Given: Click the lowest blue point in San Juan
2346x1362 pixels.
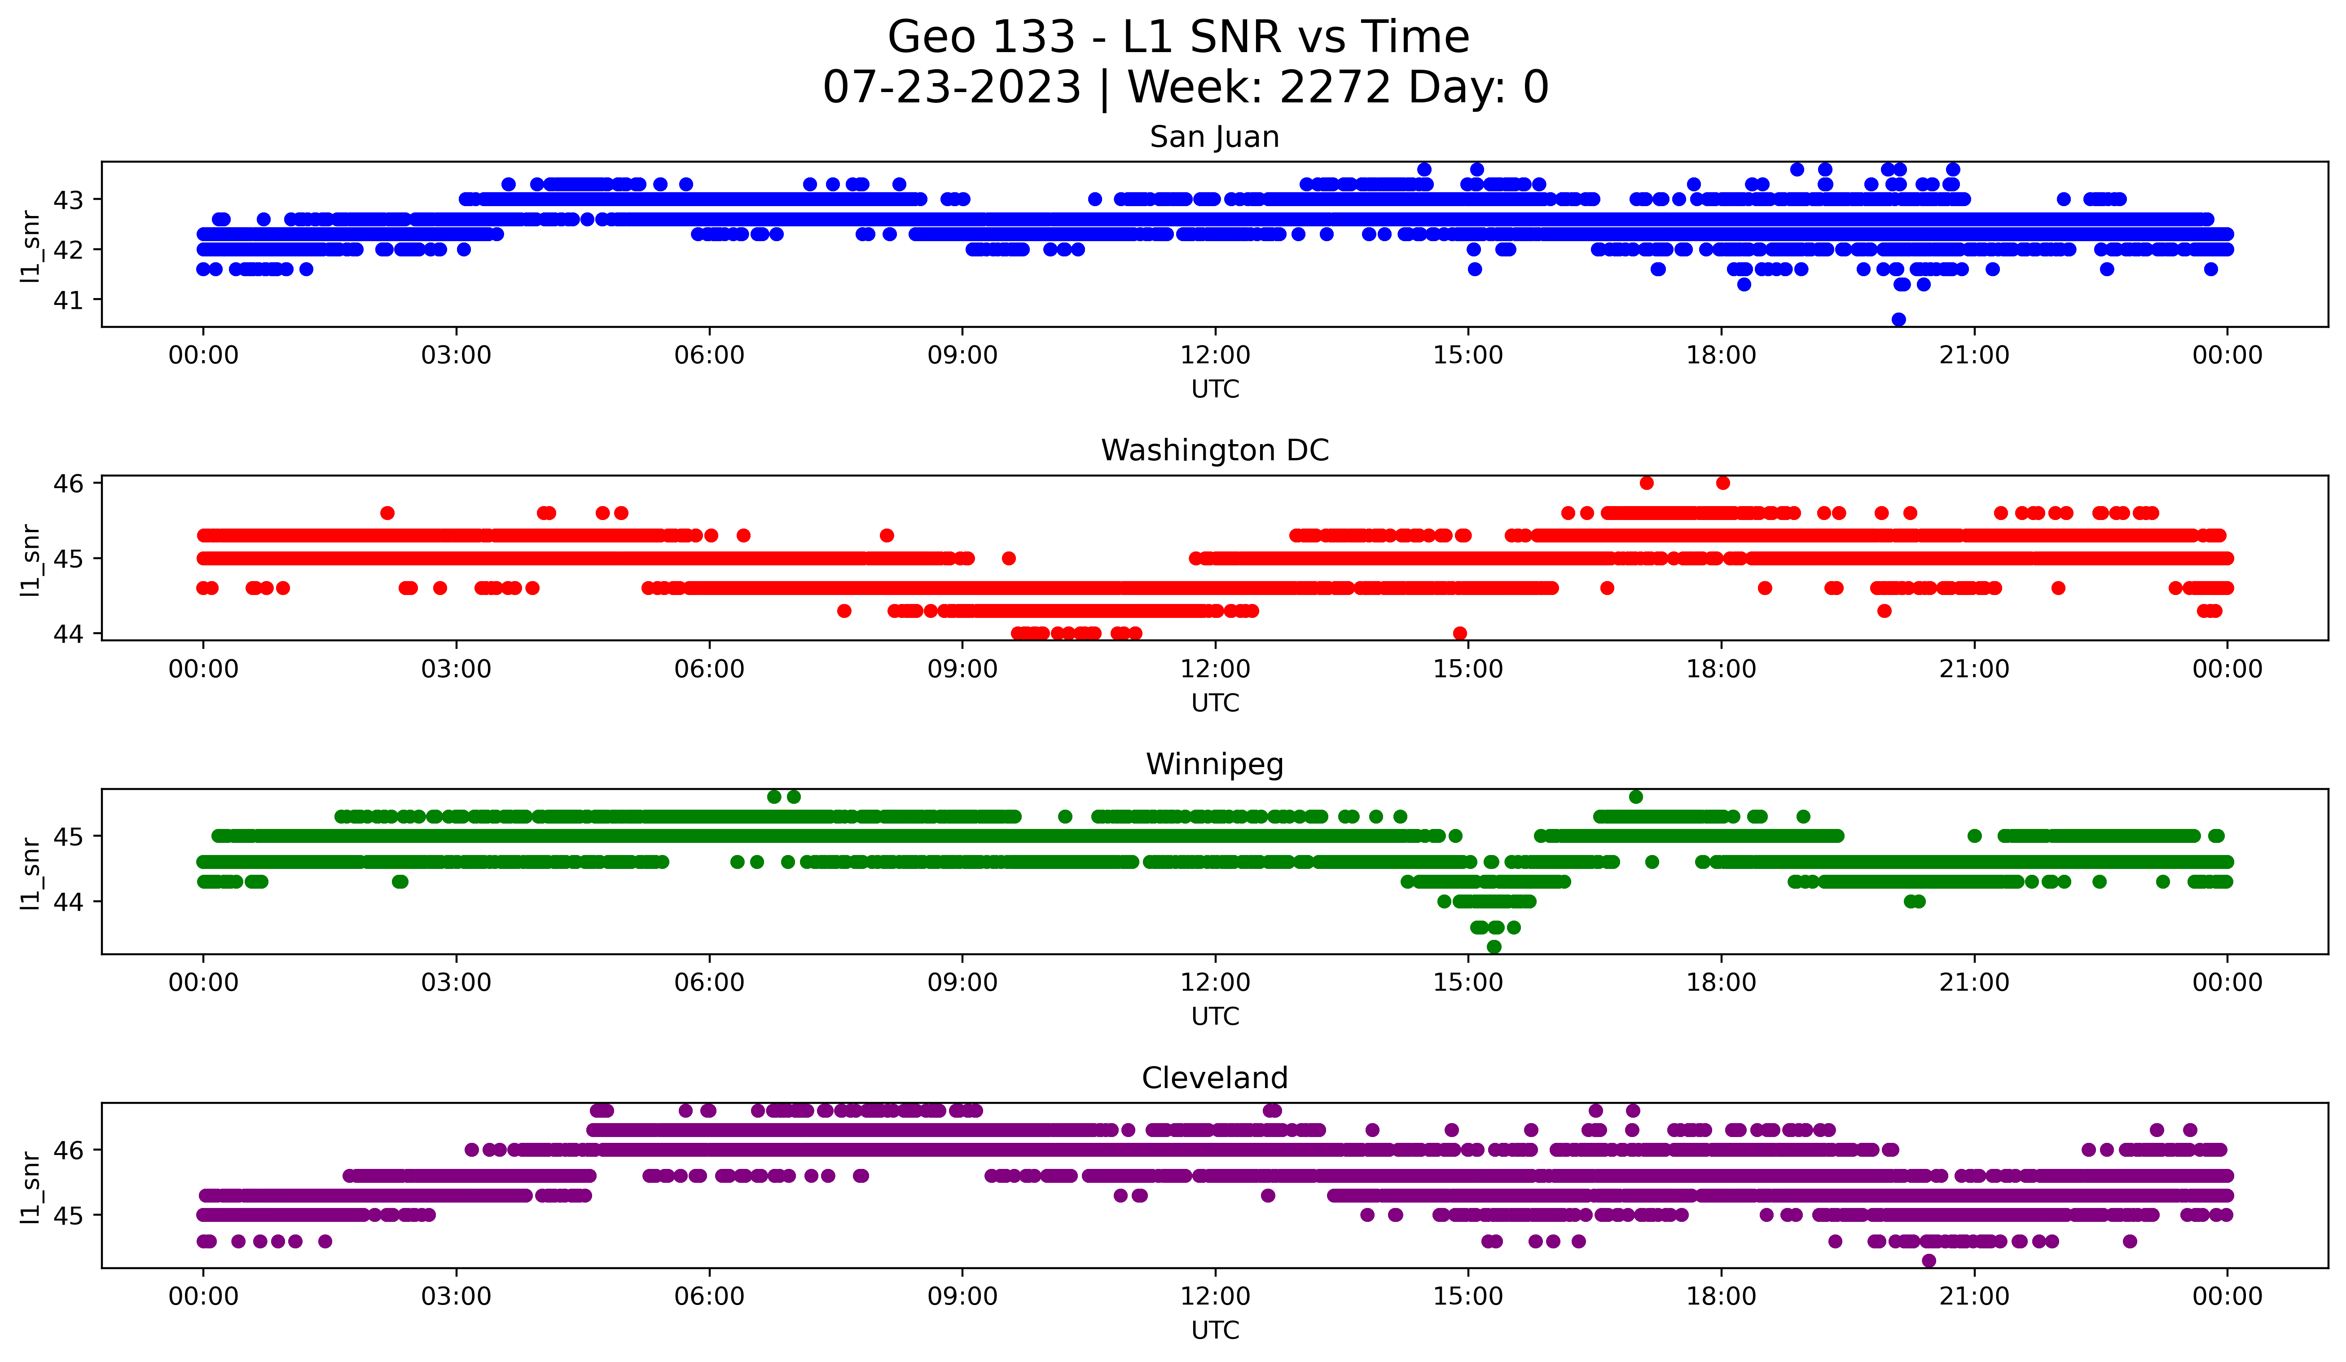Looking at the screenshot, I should (1898, 319).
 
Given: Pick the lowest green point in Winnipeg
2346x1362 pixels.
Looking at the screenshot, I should (1494, 947).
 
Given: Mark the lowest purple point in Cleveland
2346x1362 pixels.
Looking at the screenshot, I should (1929, 1261).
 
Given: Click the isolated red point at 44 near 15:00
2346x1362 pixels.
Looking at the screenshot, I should (1460, 633).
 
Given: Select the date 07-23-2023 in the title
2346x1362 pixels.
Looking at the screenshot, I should (951, 88).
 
